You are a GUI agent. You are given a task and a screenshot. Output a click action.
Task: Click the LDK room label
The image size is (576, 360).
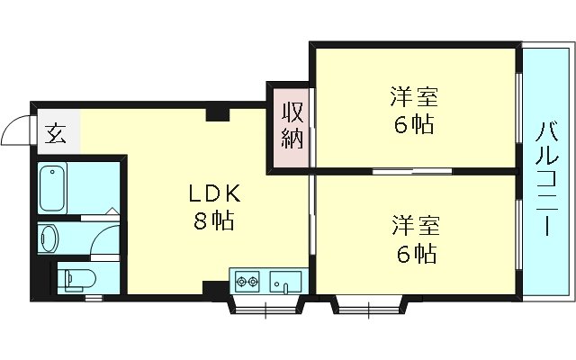click(x=213, y=192)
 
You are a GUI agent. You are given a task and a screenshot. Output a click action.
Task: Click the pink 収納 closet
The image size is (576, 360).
click(x=290, y=126)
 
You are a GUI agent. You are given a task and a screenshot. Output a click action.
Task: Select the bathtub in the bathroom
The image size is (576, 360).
click(x=55, y=186)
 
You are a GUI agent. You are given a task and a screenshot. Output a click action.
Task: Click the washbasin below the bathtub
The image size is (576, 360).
click(x=49, y=238)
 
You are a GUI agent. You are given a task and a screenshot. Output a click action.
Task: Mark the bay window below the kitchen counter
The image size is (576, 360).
click(x=267, y=306)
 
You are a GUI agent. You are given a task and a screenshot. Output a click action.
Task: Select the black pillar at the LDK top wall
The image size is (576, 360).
click(x=216, y=113)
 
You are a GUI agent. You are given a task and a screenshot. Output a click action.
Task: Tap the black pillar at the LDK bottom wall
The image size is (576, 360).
click(x=214, y=288)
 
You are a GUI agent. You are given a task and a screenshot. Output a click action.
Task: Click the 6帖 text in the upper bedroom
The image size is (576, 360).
click(x=413, y=125)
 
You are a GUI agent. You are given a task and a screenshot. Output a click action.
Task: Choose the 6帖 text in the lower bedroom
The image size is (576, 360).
click(x=413, y=253)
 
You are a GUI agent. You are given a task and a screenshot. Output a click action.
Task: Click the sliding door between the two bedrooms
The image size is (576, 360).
click(x=400, y=170)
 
